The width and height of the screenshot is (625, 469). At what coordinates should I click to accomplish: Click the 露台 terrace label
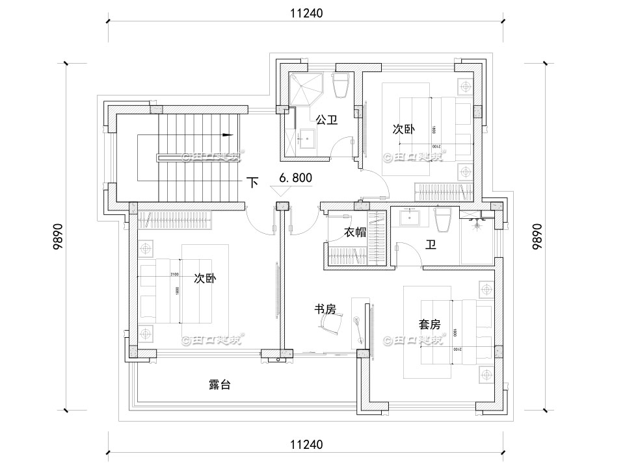point(219,385)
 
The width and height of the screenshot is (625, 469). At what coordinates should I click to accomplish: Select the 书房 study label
point(325,310)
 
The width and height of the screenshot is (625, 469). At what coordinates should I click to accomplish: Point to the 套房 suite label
point(430,323)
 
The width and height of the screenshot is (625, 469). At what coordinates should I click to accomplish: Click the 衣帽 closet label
point(355,232)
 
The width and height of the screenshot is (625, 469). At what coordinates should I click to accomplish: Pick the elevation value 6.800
point(295,177)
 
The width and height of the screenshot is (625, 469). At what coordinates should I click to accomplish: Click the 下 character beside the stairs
point(253,183)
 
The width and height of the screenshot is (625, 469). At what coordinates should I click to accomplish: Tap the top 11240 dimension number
point(305,12)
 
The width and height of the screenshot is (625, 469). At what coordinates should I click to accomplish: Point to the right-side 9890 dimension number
point(537,236)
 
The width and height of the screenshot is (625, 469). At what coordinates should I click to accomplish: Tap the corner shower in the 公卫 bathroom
point(304,88)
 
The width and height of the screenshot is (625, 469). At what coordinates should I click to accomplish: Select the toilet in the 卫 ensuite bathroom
point(445,219)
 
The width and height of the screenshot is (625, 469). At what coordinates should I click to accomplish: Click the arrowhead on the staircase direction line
point(228,135)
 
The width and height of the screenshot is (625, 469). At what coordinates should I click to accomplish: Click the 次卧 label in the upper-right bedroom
point(403,129)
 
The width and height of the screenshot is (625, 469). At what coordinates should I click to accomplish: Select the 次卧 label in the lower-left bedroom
point(206,278)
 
